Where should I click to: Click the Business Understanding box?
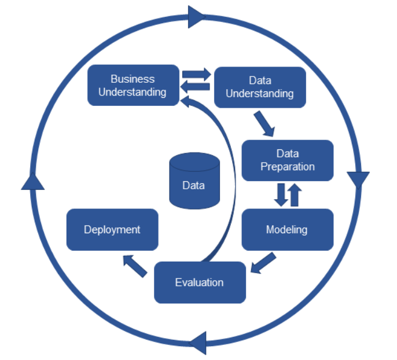[x=133, y=85]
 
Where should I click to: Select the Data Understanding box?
[x=259, y=87]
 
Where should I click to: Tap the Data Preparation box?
[x=287, y=160]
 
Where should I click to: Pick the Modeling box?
[x=287, y=230]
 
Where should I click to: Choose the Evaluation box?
[x=200, y=282]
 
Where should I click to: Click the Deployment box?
[x=112, y=230]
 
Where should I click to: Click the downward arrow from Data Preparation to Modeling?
[x=281, y=195]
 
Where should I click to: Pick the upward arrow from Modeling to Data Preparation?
[x=294, y=195]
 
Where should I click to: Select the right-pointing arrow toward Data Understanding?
[x=197, y=75]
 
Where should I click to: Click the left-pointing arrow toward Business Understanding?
[x=195, y=87]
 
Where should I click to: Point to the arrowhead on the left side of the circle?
[x=33, y=182]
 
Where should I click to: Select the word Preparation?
[x=288, y=167]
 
